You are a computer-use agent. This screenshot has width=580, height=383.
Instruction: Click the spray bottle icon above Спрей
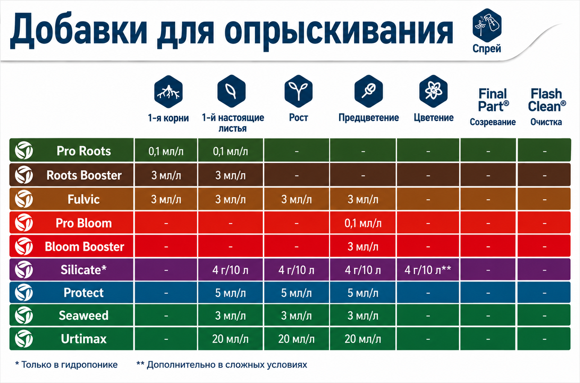(487, 25)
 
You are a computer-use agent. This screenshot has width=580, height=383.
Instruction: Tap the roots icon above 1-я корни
(168, 92)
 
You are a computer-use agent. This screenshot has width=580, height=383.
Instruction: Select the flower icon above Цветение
(433, 91)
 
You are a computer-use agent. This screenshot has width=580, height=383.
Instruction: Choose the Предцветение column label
(369, 118)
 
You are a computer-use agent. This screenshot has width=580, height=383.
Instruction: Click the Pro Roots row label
(83, 151)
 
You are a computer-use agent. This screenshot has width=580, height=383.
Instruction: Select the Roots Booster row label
(84, 175)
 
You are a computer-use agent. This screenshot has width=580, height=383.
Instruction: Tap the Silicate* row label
(83, 270)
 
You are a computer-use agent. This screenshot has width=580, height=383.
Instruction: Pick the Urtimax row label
(83, 339)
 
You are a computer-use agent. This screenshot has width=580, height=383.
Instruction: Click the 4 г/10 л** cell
(428, 270)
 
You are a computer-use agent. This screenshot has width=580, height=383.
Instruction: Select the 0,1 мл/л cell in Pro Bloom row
(363, 223)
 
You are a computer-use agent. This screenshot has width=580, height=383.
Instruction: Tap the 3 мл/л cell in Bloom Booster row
(363, 247)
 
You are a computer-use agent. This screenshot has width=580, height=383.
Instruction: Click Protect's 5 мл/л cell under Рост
(297, 293)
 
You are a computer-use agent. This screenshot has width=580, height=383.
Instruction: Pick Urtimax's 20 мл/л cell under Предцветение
(363, 339)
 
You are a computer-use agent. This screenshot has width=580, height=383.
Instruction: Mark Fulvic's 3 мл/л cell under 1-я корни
(166, 200)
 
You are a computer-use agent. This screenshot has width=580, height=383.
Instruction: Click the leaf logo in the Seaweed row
(24, 315)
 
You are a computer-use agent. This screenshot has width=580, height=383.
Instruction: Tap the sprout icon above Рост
(298, 91)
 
